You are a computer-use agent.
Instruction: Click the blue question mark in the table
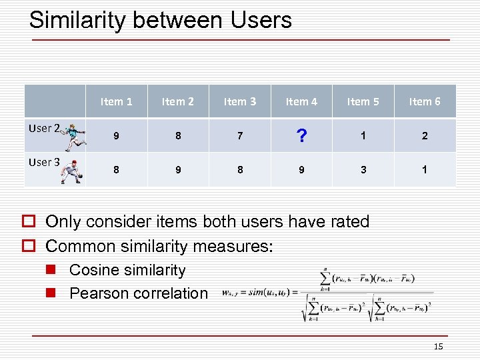pyautogui.click(x=301, y=137)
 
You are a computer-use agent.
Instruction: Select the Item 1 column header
pyautogui.click(x=116, y=101)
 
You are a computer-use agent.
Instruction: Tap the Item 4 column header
pyautogui.click(x=301, y=101)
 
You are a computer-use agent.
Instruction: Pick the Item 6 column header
pyautogui.click(x=425, y=101)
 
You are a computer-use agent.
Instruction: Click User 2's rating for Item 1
pyautogui.click(x=116, y=136)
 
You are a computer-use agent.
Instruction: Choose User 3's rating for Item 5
pyautogui.click(x=363, y=170)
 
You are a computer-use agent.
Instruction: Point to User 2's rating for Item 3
pyautogui.click(x=240, y=136)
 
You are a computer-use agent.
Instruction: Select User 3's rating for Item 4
pyautogui.click(x=301, y=170)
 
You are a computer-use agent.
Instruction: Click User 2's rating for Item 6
pyautogui.click(x=425, y=136)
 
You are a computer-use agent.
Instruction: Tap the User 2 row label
pyautogui.click(x=44, y=128)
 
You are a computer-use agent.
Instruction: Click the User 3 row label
pyautogui.click(x=44, y=162)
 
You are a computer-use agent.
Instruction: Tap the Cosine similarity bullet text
pyautogui.click(x=127, y=270)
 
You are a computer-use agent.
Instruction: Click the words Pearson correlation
pyautogui.click(x=139, y=293)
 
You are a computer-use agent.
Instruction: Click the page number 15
pyautogui.click(x=438, y=346)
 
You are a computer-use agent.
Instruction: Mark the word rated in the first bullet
pyautogui.click(x=346, y=222)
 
